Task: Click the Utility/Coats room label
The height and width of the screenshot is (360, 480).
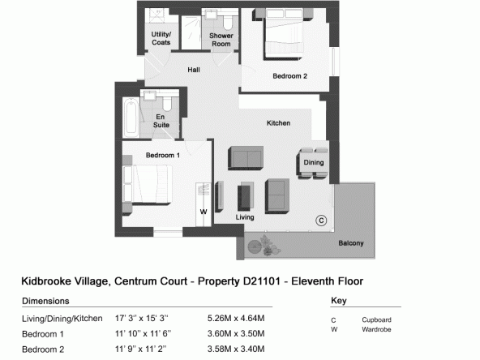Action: [x=161, y=38]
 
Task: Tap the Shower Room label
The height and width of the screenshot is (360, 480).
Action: [x=221, y=40]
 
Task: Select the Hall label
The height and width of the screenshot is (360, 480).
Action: [x=194, y=70]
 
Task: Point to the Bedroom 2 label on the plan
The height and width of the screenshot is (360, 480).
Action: [x=290, y=76]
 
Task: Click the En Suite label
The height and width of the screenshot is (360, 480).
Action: [x=161, y=121]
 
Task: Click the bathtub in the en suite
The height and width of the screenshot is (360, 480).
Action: [x=131, y=117]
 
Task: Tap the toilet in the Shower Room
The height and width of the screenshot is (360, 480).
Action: [x=228, y=21]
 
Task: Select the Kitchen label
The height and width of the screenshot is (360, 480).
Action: [x=278, y=123]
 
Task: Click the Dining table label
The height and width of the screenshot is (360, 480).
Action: [x=314, y=162]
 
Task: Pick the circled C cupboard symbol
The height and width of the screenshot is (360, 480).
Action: [x=321, y=221]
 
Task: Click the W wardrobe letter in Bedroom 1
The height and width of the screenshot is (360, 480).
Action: [x=204, y=212]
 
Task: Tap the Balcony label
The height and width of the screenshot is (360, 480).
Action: [x=351, y=243]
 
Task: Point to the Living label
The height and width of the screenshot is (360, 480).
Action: [x=245, y=217]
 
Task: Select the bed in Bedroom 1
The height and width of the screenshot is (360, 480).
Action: [x=147, y=184]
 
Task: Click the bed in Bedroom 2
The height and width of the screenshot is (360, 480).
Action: [x=284, y=33]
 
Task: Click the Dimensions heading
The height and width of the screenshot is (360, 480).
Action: [x=45, y=301]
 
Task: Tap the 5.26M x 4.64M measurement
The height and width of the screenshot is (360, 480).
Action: [x=236, y=319]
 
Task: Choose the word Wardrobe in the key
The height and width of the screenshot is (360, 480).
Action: [x=376, y=329]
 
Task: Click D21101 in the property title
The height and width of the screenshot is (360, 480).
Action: [x=262, y=281]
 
